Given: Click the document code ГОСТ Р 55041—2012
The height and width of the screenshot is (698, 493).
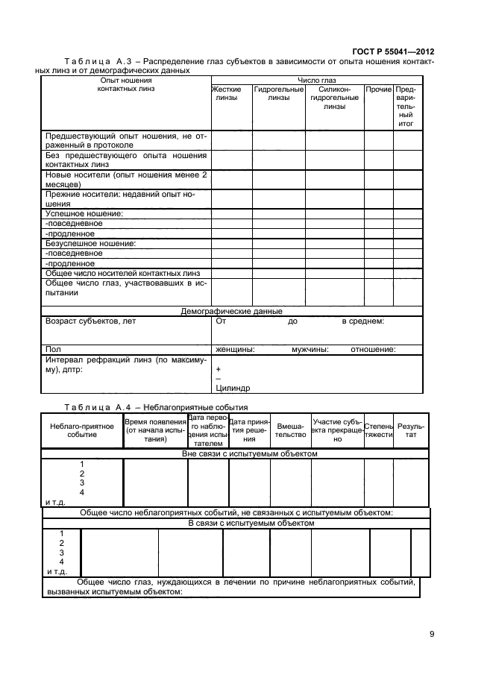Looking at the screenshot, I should point(393,51).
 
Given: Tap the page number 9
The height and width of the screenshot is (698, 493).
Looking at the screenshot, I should point(431,634).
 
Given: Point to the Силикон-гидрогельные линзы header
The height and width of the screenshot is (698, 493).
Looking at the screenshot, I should point(335,98).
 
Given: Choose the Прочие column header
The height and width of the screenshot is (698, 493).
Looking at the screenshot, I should point(378,89).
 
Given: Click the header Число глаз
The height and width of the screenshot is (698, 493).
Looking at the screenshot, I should point(317,80).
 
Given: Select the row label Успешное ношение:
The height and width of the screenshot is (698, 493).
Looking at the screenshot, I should point(84,213).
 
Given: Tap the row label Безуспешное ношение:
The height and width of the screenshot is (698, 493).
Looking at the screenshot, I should point(90,243).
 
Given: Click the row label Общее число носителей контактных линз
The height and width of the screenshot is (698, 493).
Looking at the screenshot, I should point(123,273).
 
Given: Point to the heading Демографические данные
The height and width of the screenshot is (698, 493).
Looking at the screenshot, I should point(231,311).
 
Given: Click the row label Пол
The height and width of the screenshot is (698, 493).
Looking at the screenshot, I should point(52,349).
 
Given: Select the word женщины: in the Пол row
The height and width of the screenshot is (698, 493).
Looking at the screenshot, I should point(235,349).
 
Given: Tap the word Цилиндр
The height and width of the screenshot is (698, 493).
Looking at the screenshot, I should point(233,387).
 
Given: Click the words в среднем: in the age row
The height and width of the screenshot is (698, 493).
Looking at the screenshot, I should point(362,321).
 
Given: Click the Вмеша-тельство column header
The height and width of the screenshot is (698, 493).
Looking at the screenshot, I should point(291,430).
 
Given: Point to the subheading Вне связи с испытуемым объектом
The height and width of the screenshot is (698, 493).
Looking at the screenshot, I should point(250,453).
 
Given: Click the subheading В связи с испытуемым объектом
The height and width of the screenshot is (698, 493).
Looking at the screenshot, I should point(250,523).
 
